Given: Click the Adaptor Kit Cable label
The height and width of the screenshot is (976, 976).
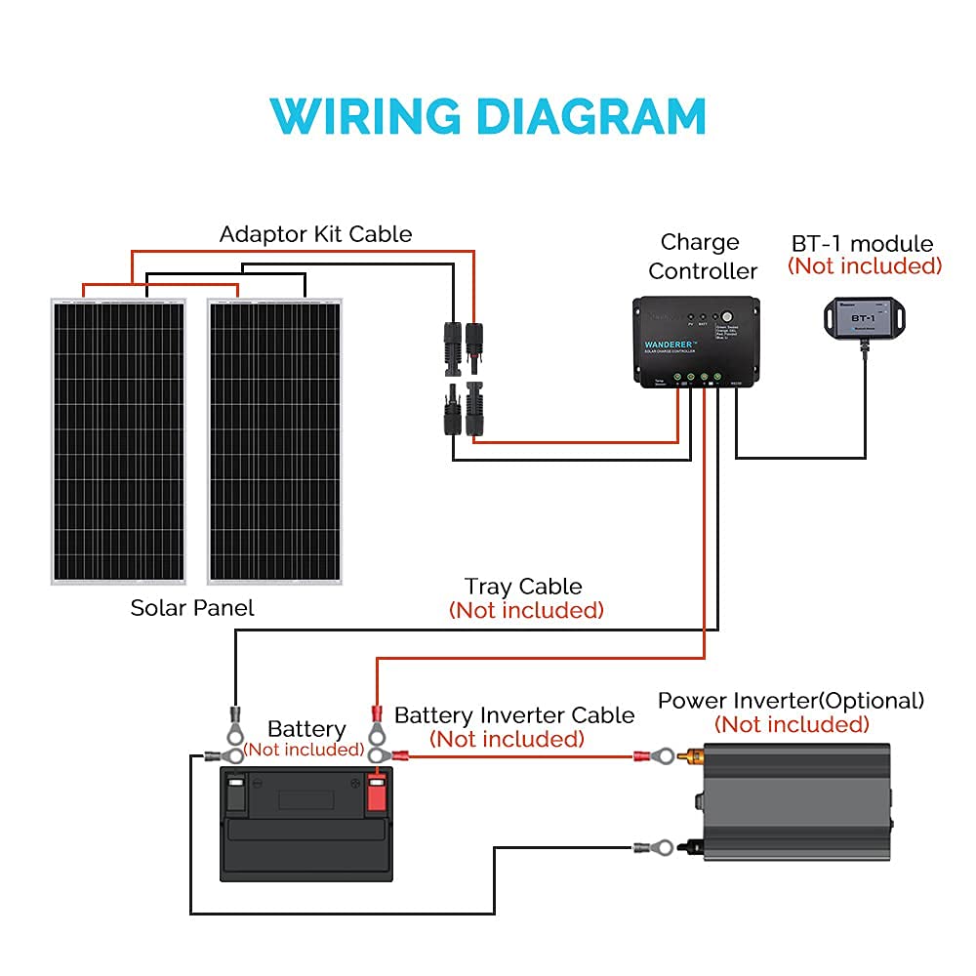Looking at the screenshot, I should click(315, 234).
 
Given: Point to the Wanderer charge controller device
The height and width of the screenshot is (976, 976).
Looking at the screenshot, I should click(695, 342).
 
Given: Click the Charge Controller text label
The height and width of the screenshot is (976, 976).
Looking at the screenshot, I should click(702, 257).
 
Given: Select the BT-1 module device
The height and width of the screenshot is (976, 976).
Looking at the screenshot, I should click(863, 314).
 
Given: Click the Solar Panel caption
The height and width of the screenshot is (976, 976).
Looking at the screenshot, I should click(192, 608).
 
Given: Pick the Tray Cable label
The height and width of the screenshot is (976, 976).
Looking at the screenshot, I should click(523, 587).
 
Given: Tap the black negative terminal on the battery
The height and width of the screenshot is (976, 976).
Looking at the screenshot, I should click(234, 793).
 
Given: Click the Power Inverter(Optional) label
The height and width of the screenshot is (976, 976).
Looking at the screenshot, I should click(791, 701).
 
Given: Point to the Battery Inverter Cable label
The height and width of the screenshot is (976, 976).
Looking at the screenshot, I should click(514, 715).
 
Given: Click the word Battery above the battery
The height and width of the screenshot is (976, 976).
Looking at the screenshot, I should click(306, 729).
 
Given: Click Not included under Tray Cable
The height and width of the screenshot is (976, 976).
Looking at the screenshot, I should click(526, 611).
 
